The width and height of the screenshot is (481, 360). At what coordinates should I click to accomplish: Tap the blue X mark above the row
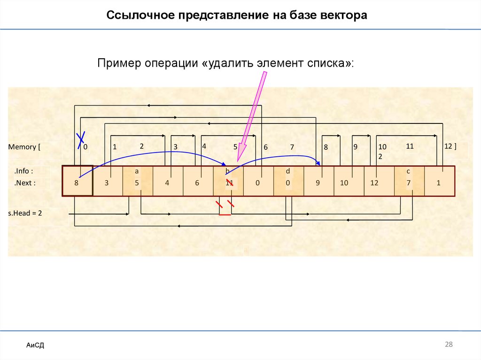coord(81,138)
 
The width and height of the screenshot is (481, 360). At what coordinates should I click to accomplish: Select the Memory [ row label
coord(24,147)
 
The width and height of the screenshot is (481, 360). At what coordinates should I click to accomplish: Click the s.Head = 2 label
coord(25,213)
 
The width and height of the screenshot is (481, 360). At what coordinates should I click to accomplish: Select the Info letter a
coord(137,172)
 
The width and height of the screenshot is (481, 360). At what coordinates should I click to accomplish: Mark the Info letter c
coord(409,172)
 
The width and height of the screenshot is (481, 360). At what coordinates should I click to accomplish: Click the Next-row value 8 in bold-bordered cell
coord(76,183)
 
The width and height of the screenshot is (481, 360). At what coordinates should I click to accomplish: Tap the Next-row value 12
coord(374,183)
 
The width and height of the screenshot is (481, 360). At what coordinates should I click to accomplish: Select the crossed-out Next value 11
coord(229,183)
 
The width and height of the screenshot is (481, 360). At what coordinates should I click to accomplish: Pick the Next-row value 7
coord(409,183)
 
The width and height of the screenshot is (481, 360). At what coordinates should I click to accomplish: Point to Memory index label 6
coord(265,147)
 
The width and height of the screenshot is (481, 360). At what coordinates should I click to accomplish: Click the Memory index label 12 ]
coord(450,146)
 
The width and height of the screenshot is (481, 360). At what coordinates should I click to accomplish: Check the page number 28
coord(449,345)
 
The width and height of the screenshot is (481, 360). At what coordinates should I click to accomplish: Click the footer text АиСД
coord(35,346)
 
